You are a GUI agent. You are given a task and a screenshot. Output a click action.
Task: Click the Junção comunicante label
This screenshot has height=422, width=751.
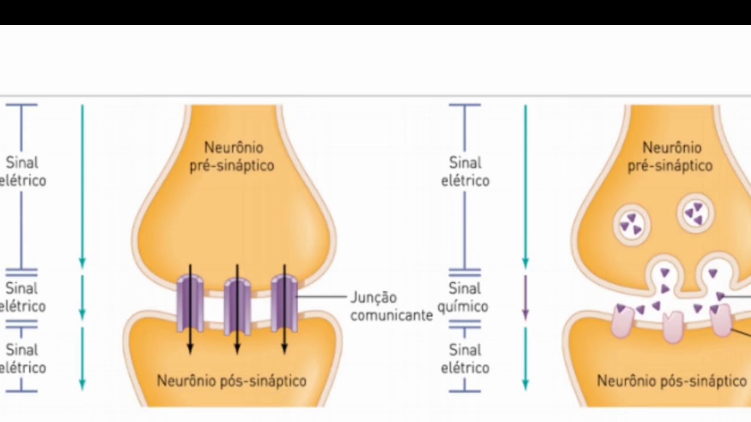pyautogui.click(x=391, y=306)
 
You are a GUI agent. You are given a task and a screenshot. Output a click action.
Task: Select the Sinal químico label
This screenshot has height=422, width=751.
pyautogui.click(x=465, y=297)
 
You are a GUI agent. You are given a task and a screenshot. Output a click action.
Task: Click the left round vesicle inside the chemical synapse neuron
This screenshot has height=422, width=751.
pyautogui.click(x=632, y=224)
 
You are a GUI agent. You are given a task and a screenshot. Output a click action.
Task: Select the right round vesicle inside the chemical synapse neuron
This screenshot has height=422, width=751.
pyautogui.click(x=696, y=213)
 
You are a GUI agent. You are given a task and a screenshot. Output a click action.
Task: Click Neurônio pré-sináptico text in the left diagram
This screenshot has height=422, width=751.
pyautogui.click(x=232, y=156)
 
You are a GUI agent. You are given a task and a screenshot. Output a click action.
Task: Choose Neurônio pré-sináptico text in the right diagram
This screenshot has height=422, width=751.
pyautogui.click(x=670, y=156)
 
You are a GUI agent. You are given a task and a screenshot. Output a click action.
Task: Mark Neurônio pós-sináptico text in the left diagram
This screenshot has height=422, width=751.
pyautogui.click(x=231, y=381)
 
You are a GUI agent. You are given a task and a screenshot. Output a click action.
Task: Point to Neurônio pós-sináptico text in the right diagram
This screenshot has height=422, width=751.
pyautogui.click(x=672, y=381)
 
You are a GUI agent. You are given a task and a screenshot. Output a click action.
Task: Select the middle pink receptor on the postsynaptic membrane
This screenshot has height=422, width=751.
pyautogui.click(x=672, y=326)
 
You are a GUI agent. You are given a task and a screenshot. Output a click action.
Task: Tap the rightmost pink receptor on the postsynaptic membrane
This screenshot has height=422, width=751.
pyautogui.click(x=720, y=321)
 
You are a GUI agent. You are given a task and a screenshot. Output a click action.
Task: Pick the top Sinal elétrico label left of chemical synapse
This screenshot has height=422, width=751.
pyautogui.click(x=465, y=171)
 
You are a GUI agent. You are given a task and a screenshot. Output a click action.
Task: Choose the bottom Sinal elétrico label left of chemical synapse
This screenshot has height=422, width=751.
pyautogui.click(x=465, y=359)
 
